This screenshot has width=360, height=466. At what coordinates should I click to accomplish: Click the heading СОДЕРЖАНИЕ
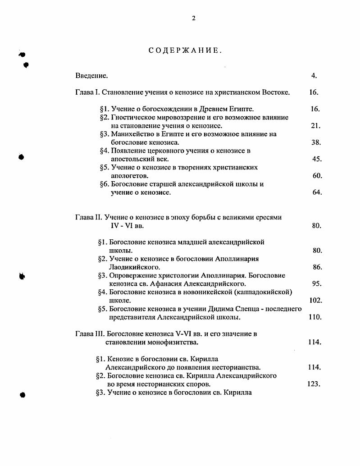point(185,50)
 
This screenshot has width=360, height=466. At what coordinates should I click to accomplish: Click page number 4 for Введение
point(314,76)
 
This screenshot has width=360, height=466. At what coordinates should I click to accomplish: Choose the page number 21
point(315,126)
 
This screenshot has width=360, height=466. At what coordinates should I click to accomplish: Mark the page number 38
point(316,142)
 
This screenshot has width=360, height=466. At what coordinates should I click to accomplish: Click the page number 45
point(316,159)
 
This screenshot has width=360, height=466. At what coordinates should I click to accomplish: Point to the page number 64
point(317,192)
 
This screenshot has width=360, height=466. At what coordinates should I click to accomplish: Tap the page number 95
point(316,284)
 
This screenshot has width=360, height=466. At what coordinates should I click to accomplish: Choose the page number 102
point(314,301)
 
